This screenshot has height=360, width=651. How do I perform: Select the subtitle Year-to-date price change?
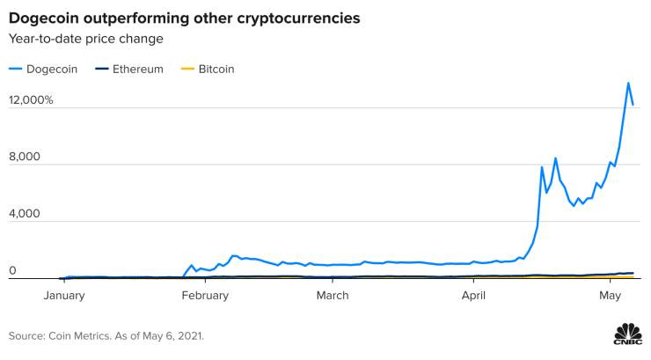[x=86, y=39]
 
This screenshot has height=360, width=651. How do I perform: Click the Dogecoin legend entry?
[x=43, y=69]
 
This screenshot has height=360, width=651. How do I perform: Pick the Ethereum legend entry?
[x=129, y=69]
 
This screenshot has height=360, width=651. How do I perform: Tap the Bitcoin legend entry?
[x=208, y=69]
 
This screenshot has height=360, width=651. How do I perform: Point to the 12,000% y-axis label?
[x=31, y=100]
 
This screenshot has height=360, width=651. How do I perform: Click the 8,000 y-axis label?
[x=25, y=157]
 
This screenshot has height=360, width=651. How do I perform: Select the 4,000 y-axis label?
[x=25, y=213]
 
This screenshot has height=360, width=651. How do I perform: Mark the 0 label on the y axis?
[x=12, y=270]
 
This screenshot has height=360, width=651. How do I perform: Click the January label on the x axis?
[x=64, y=296]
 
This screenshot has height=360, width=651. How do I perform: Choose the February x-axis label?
[x=205, y=296]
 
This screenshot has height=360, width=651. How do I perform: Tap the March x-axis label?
[x=333, y=296]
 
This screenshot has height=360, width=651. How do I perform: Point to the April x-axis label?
[x=473, y=296]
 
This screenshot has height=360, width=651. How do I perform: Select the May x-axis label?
[x=610, y=296]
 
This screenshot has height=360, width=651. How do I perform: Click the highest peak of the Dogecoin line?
[x=628, y=83]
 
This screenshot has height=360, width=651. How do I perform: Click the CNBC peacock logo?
[x=628, y=334]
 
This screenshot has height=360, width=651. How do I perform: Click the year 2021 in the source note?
[x=190, y=336]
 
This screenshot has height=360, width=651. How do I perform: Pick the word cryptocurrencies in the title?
[x=298, y=18]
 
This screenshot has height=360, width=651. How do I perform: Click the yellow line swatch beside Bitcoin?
[x=187, y=69]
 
